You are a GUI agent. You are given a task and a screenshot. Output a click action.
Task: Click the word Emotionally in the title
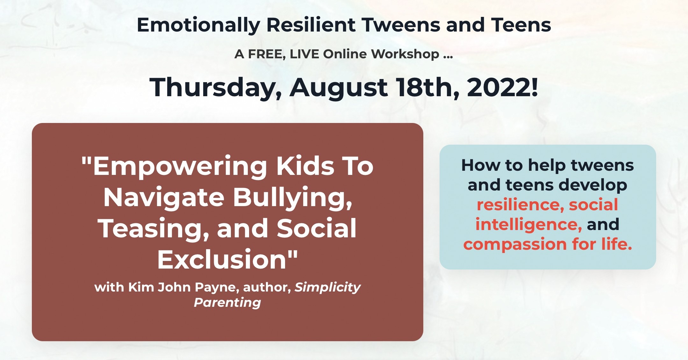pos(198,25)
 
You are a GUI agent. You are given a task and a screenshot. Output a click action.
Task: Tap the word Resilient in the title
pos(311,25)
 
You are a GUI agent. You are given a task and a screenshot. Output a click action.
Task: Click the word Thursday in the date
pos(215,88)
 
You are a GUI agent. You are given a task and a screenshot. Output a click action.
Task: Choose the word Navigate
pos(164,198)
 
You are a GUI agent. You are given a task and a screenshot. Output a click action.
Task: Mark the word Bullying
pos(292,198)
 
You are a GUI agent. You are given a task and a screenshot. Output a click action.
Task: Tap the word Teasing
pos(153,229)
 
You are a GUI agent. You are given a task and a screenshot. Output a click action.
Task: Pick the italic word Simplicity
pos(327,288)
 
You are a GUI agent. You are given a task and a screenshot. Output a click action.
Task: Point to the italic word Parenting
pos(227,303)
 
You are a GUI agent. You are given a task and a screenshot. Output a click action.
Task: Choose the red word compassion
pos(515,245)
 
